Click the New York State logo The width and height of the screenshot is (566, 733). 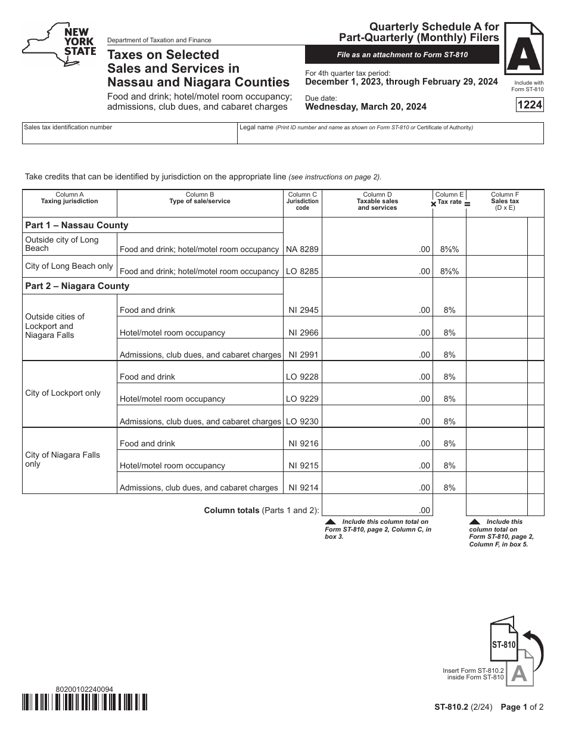tap(59, 46)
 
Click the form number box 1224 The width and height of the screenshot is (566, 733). tap(530, 105)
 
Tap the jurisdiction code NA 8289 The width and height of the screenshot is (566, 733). tap(302, 249)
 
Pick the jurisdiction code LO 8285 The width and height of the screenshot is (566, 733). tap(302, 271)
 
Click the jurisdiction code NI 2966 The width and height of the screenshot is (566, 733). tap(302, 333)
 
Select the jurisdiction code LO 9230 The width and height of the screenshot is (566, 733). tap(302, 421)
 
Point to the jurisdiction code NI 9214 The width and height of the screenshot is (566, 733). tap(302, 487)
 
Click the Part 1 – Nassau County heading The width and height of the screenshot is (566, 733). tap(77, 225)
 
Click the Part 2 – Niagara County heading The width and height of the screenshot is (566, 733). tap(77, 286)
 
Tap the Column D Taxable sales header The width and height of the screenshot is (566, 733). tap(377, 201)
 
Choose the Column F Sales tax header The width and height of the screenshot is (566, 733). tap(505, 201)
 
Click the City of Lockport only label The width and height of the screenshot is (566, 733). tap(63, 393)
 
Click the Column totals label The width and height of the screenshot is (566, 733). tap(262, 510)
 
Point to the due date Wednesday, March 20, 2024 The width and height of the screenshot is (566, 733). tap(366, 107)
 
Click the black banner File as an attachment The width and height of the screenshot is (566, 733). tap(402, 55)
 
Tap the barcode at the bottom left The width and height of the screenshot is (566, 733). tap(85, 702)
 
